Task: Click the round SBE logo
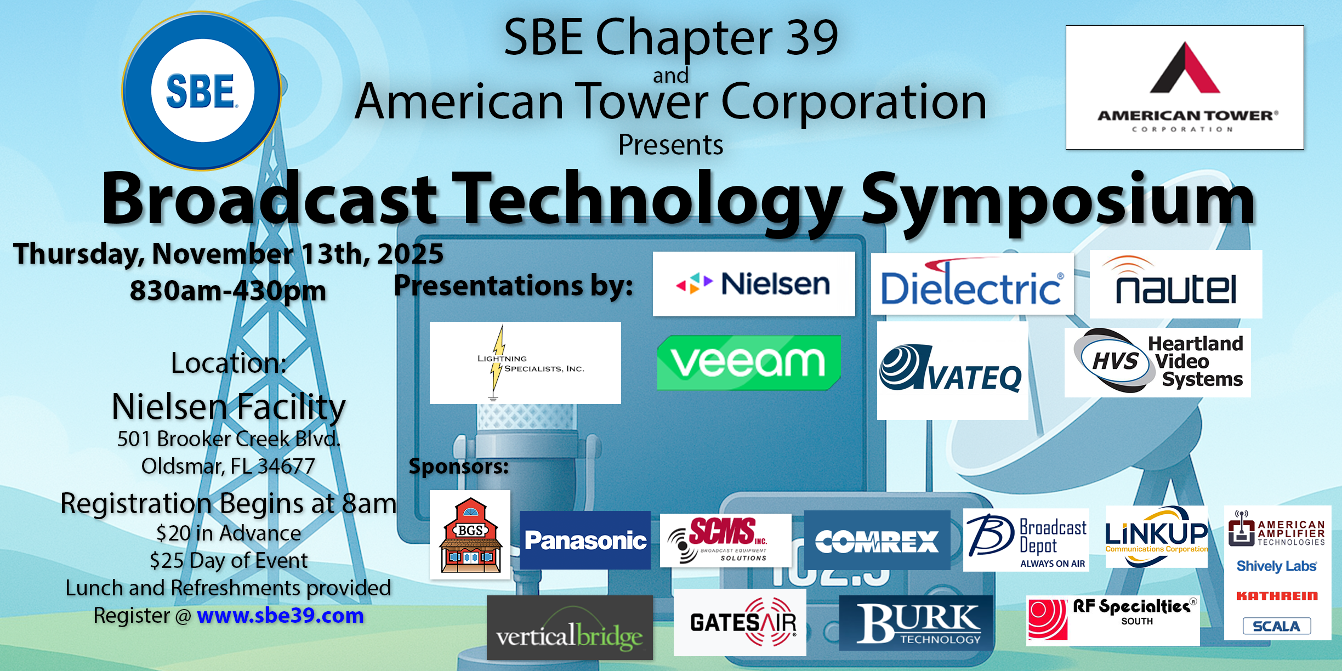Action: pyautogui.click(x=202, y=91)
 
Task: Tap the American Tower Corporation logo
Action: pyautogui.click(x=1185, y=87)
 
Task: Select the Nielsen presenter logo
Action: pyautogui.click(x=754, y=284)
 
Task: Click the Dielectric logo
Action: pyautogui.click(x=972, y=284)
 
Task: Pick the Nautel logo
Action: pyautogui.click(x=1176, y=284)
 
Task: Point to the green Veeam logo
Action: pyautogui.click(x=749, y=362)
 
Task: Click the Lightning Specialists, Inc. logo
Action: pyautogui.click(x=525, y=363)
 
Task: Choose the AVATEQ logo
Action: pyautogui.click(x=952, y=371)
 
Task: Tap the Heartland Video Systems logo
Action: pyautogui.click(x=1158, y=362)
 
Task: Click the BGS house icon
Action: pyautogui.click(x=470, y=534)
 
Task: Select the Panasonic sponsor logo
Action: pyautogui.click(x=585, y=540)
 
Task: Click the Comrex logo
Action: pyautogui.click(x=877, y=541)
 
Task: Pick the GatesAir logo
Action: pyautogui.click(x=740, y=622)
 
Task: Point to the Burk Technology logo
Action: pyautogui.click(x=916, y=623)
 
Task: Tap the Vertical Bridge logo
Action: pyautogui.click(x=570, y=628)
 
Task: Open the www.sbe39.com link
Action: pyautogui.click(x=280, y=616)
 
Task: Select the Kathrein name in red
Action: pyautogui.click(x=1277, y=596)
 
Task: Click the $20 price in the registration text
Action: pyautogui.click(x=173, y=533)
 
